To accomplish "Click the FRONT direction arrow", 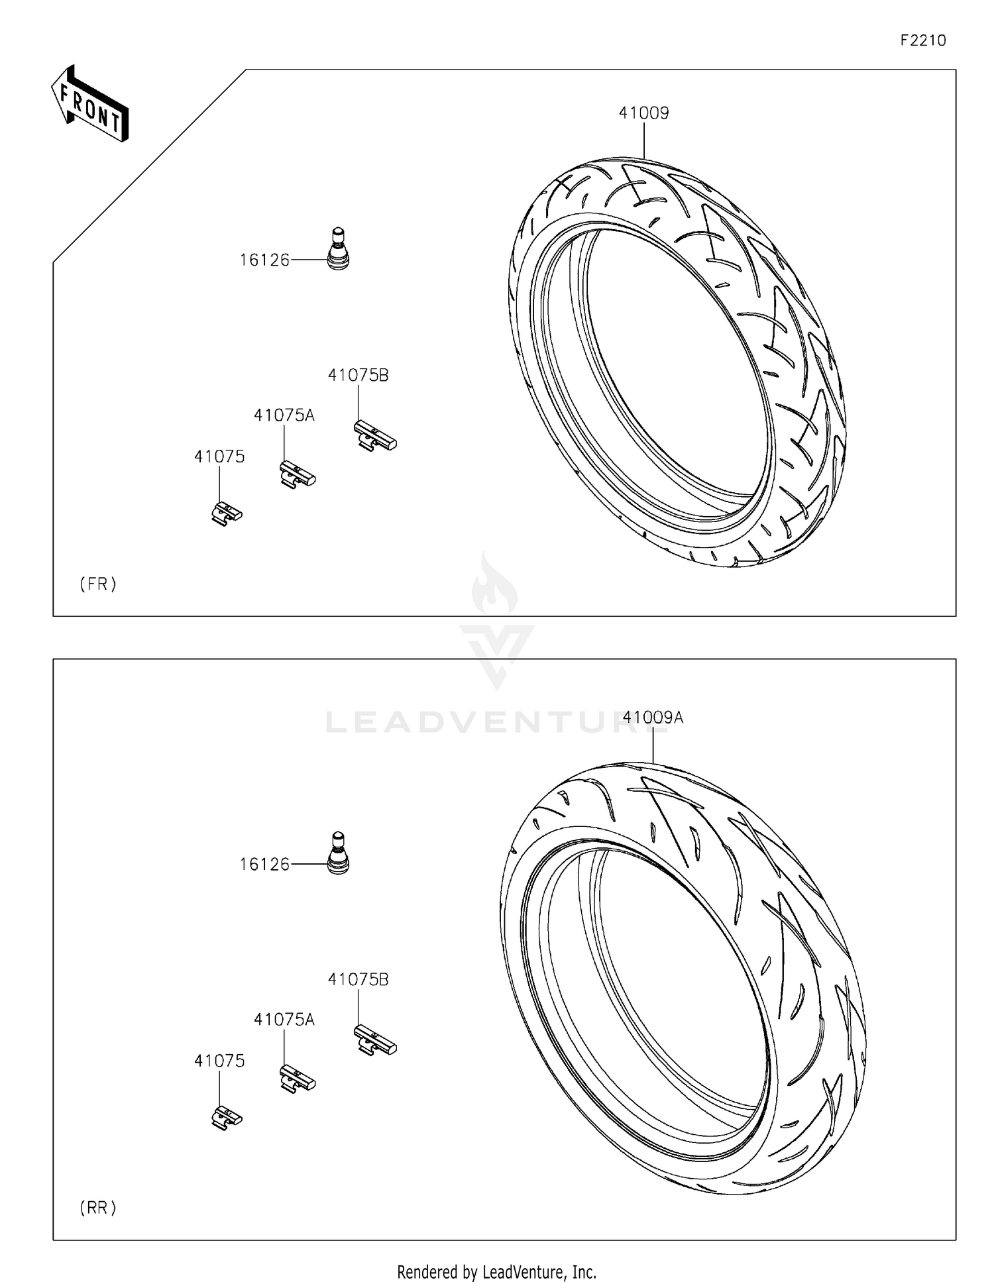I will pyautogui.click(x=90, y=105).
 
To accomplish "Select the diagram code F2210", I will pyautogui.click(x=922, y=40).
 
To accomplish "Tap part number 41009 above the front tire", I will pyautogui.click(x=643, y=113).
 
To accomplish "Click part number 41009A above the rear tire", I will pyautogui.click(x=653, y=718).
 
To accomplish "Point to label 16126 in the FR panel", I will pyautogui.click(x=264, y=260).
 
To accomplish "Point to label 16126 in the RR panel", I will pyautogui.click(x=264, y=865).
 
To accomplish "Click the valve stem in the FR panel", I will pyautogui.click(x=338, y=249).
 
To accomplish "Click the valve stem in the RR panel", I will pyautogui.click(x=338, y=853).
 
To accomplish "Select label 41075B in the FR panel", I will pyautogui.click(x=358, y=375).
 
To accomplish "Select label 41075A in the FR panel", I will pyautogui.click(x=284, y=415).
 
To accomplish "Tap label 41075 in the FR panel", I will pyautogui.click(x=219, y=456).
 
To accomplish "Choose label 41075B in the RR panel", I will pyautogui.click(x=358, y=979).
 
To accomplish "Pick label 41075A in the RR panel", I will pyautogui.click(x=284, y=1020).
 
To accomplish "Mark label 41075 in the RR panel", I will pyautogui.click(x=219, y=1061).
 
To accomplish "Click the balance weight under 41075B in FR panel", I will pyautogui.click(x=374, y=437).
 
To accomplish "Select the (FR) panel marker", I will pyautogui.click(x=98, y=584).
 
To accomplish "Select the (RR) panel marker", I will pyautogui.click(x=98, y=1208).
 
